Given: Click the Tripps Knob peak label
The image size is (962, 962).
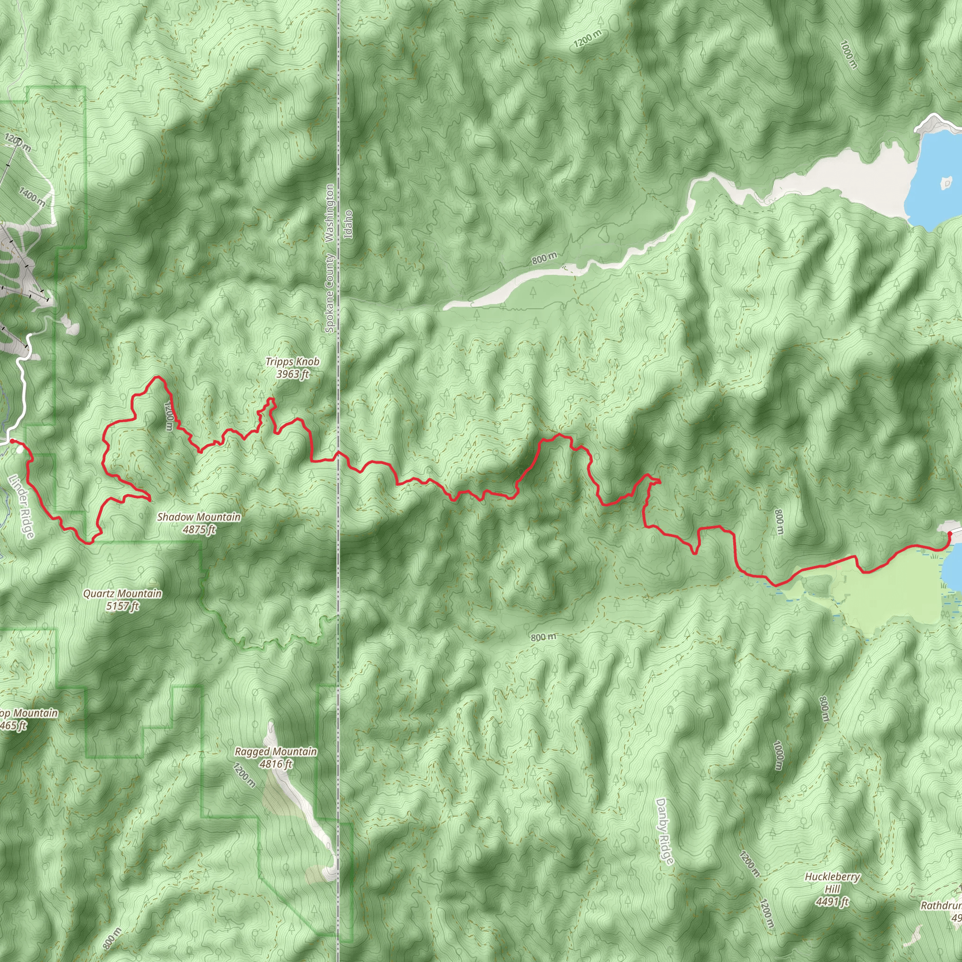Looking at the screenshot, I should (292, 362).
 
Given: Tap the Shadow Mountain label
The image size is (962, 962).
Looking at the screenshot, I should (199, 517).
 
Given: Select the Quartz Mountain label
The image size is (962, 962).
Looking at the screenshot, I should (122, 594).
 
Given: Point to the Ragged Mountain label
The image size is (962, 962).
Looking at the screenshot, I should (275, 752).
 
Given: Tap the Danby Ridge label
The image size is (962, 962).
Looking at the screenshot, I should (664, 831).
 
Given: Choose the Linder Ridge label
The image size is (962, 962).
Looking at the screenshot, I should (22, 506).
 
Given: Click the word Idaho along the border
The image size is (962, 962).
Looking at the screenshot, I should (349, 224).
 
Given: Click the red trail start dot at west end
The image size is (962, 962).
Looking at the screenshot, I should (11, 441).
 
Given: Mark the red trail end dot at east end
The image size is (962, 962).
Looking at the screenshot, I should (949, 534).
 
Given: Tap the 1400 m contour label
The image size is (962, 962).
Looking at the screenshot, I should (32, 197).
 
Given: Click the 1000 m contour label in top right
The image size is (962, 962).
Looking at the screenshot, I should (849, 54).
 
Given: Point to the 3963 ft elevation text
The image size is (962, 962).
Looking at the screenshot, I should (292, 374).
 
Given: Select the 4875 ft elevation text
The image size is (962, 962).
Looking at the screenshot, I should (199, 529).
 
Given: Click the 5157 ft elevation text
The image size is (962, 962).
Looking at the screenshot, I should (122, 606).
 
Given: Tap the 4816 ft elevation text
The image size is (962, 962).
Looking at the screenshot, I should (275, 764).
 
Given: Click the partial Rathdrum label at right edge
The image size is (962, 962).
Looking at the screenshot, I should (940, 905).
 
